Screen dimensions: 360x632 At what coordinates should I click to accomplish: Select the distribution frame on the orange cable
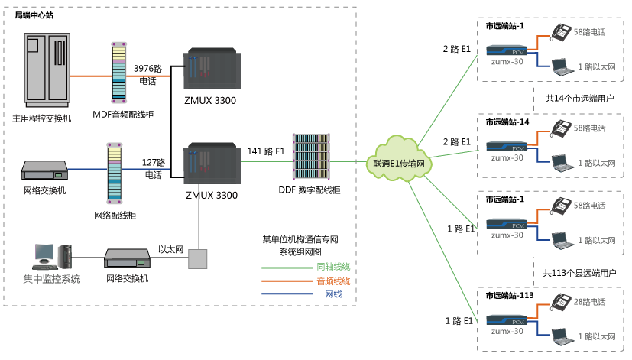click(x=119, y=73)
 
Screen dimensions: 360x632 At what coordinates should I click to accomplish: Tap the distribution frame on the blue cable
click(x=115, y=172)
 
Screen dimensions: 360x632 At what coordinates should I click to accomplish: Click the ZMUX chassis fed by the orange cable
click(x=211, y=73)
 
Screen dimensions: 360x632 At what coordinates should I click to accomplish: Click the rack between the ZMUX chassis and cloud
click(x=311, y=157)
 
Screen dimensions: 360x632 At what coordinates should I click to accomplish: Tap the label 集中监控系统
click(x=51, y=279)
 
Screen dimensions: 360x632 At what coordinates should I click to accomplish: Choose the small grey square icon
click(x=198, y=258)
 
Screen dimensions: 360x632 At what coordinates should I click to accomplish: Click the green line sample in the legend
click(x=287, y=268)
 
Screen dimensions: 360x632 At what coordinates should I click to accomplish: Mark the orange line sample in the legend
click(x=287, y=281)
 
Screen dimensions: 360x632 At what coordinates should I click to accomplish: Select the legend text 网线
click(x=333, y=294)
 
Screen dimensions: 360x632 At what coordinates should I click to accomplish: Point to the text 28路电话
click(x=589, y=302)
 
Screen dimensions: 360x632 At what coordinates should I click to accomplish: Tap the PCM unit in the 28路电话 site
click(x=507, y=320)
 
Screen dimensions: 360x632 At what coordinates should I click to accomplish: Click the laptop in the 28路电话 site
click(x=562, y=335)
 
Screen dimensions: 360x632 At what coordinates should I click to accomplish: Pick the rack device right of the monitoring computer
click(x=127, y=258)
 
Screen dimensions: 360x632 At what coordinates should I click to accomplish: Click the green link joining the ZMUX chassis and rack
click(x=266, y=161)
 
